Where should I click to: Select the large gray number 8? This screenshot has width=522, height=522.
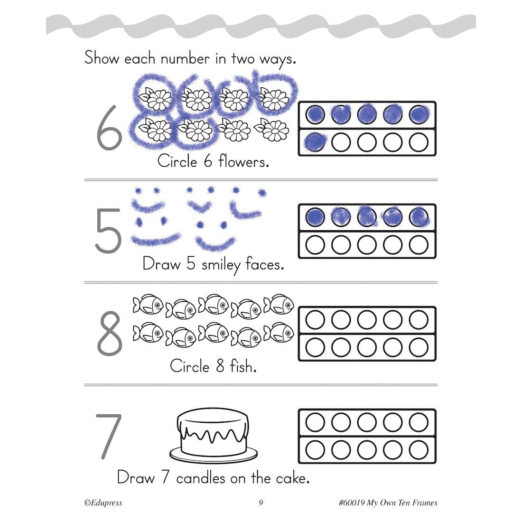point(110,333)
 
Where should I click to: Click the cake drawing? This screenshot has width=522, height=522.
point(214,435)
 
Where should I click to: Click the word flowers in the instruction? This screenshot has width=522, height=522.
point(243,162)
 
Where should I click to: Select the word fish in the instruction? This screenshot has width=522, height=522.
point(243,366)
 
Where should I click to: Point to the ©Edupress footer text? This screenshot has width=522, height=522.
point(103,503)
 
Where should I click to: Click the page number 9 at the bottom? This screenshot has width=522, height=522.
point(261,503)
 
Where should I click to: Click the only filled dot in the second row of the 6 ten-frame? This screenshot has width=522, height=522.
point(315,142)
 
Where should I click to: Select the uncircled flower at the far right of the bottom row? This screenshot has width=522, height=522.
point(271,130)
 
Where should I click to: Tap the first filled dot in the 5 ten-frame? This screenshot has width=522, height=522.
point(315,217)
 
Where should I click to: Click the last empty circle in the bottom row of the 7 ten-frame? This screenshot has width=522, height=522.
point(419,449)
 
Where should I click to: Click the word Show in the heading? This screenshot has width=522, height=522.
point(102,58)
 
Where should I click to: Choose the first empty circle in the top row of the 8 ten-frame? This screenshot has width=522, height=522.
point(315,319)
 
